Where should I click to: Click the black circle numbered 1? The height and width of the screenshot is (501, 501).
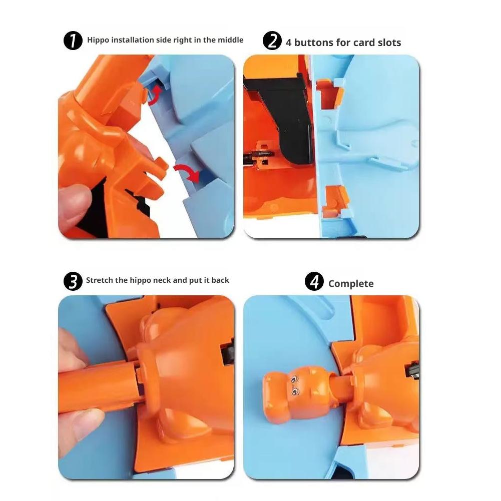pos(73,41)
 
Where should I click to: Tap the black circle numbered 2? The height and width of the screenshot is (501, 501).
pos(272,41)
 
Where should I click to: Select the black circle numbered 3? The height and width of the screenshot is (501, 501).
pos(73,281)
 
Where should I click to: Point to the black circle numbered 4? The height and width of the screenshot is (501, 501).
pos(314,281)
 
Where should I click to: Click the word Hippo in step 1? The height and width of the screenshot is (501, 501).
pos(98,40)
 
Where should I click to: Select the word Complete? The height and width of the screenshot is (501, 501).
pos(351,284)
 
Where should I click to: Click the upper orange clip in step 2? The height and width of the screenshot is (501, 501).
pos(330,93)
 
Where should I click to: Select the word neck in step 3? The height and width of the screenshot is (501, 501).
pos(162,280)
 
